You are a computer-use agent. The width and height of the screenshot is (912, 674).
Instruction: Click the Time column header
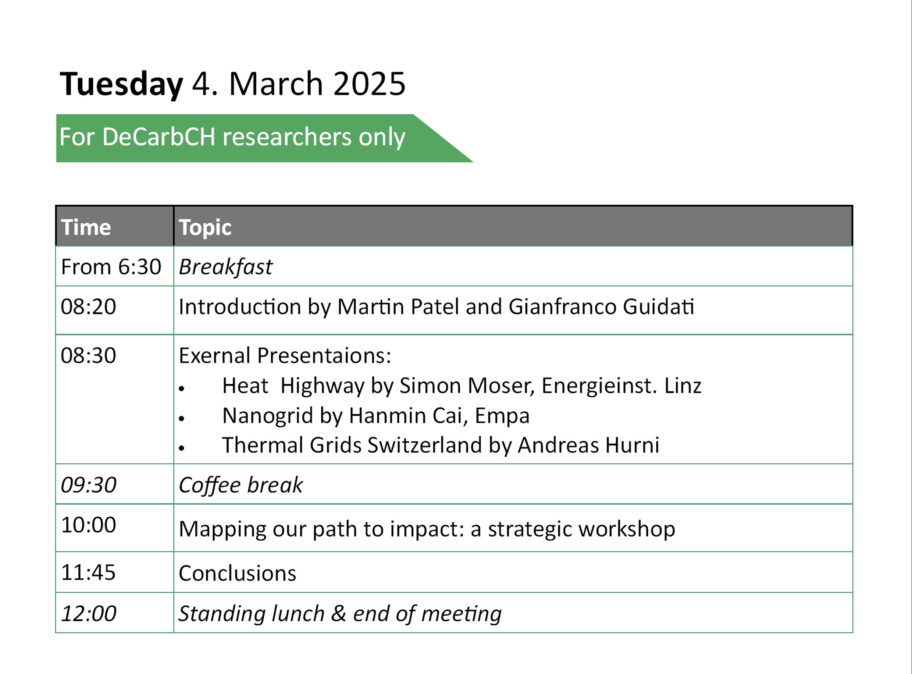86,227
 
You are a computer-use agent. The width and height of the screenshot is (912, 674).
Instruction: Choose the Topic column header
205,228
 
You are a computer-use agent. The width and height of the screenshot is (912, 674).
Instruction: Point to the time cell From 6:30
111,267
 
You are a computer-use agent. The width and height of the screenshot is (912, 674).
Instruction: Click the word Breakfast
225,267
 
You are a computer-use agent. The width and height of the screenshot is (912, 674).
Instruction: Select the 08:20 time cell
89,306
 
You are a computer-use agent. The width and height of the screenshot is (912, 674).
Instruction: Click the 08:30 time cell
89,355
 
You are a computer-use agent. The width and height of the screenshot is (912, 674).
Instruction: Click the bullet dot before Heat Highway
182,389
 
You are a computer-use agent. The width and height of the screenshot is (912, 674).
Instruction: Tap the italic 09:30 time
89,485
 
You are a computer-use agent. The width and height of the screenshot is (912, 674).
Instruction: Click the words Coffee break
241,485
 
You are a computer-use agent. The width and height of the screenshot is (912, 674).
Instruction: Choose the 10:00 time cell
89,525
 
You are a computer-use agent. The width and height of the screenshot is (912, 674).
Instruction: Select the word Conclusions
237,573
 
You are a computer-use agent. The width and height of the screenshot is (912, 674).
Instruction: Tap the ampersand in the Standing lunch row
338,614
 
